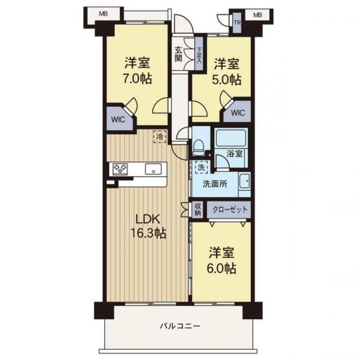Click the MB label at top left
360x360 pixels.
coord(103,14)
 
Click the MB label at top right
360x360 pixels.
coord(258,15)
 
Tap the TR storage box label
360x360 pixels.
coord(237,23)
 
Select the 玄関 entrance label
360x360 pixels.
coord(178,54)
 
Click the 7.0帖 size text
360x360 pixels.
coord(138,79)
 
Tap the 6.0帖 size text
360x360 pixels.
coord(222,268)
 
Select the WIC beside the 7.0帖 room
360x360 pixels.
coord(119,120)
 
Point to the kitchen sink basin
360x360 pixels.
coord(154,169)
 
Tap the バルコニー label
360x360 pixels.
coord(180,326)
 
